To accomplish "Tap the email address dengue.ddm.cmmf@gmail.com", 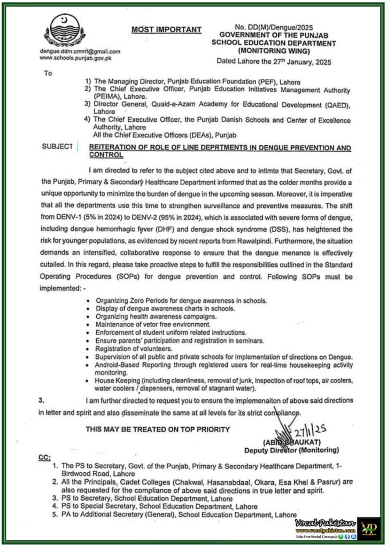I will (x=81, y=51).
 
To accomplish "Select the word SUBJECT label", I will (x=57, y=146).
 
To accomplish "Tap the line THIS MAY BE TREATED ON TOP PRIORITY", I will (x=158, y=429).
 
